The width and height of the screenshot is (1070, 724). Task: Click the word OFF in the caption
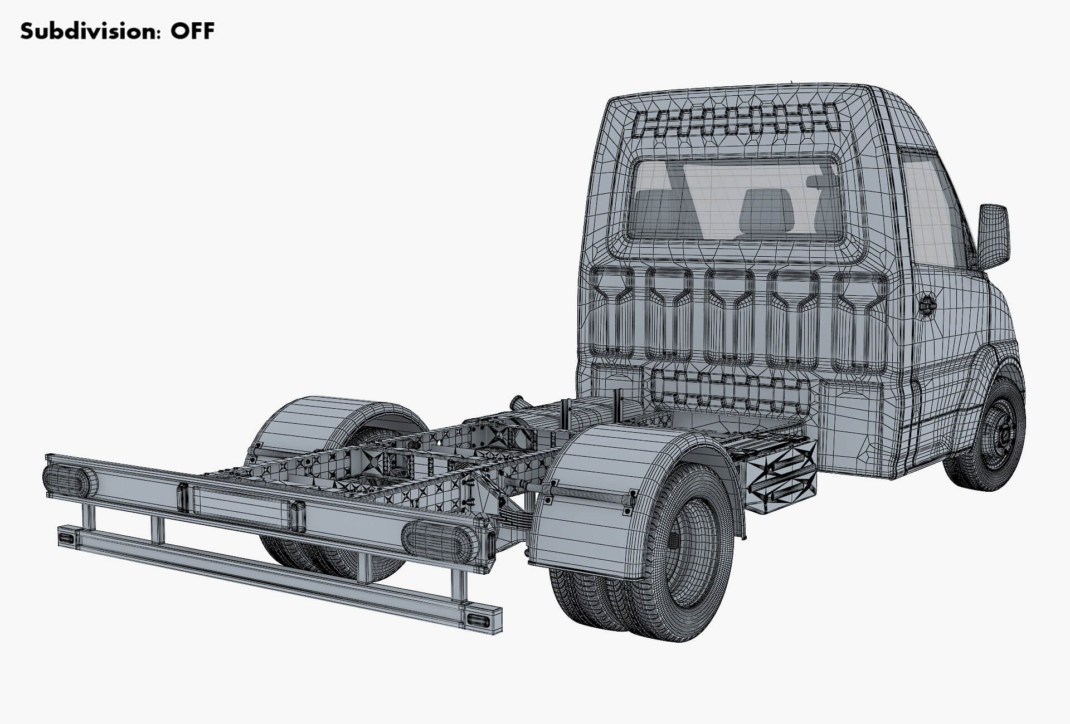[192, 32]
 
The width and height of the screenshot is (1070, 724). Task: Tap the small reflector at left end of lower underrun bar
[67, 537]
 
